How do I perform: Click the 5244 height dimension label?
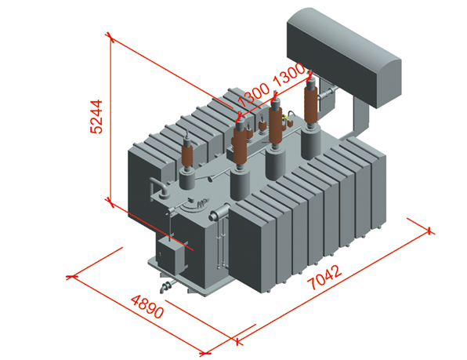pyautogui.click(x=96, y=117)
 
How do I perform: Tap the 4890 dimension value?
pyautogui.click(x=147, y=307)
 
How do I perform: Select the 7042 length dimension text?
pyautogui.click(x=325, y=277)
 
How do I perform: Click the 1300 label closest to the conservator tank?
pyautogui.click(x=288, y=75)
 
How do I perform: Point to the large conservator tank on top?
pyautogui.click(x=344, y=57)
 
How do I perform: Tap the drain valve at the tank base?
pyautogui.click(x=165, y=287)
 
